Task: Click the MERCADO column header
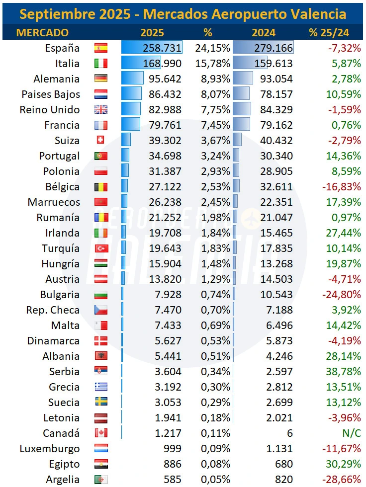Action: tap(42, 33)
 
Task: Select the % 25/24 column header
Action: tap(329, 33)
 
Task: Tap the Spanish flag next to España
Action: tap(101, 48)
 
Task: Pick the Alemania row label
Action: tap(56, 79)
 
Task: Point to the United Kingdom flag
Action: tap(101, 110)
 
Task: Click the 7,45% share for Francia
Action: tap(212, 125)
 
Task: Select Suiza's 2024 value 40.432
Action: tap(276, 141)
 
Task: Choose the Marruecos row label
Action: tap(54, 202)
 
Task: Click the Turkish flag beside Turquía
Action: tap(101, 248)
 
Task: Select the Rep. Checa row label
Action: tap(53, 310)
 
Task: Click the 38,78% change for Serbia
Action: tap(343, 372)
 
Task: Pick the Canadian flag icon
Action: tap(101, 433)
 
